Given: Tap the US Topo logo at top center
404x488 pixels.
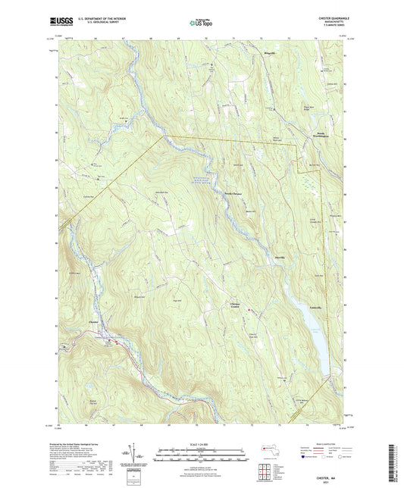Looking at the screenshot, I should (x=202, y=23).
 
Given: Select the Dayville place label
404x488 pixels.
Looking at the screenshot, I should (x=280, y=255).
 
